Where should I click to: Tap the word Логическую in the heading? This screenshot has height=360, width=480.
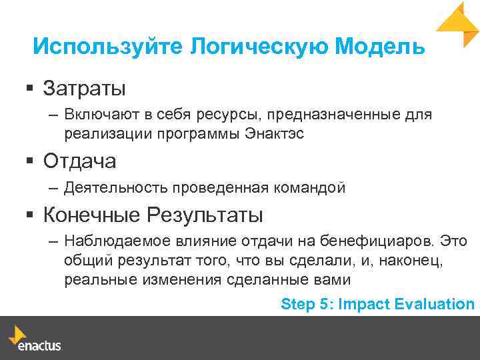258,47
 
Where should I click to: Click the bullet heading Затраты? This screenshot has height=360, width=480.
85,87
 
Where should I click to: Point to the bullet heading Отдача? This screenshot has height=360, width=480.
80,161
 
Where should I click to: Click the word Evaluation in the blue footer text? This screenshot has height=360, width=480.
434,305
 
